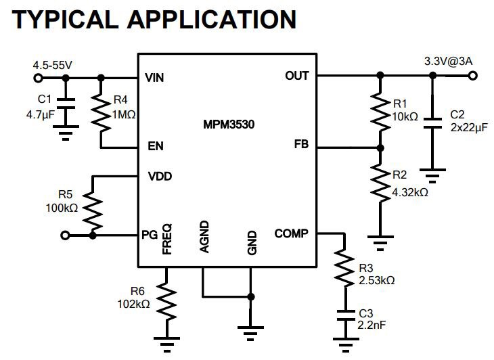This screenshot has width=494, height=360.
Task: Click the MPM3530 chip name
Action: coord(229,125)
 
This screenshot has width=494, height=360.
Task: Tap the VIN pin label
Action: coord(154,77)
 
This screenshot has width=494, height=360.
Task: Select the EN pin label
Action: coord(156,146)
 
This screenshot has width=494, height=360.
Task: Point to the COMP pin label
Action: coord(291,233)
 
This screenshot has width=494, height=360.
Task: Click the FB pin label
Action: coord(301,144)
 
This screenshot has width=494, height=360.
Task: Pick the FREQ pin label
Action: coord(167,239)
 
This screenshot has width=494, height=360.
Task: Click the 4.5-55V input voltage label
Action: coord(53,65)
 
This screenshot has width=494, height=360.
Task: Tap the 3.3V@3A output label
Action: coord(448,61)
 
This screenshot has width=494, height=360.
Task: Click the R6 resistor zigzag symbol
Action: coord(166,301)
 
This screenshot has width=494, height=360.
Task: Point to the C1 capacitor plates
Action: coord(66,104)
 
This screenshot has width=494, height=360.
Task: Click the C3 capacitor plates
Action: coord(346,315)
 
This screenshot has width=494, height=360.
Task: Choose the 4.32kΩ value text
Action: coord(410,192)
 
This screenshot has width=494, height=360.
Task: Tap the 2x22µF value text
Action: coord(469,128)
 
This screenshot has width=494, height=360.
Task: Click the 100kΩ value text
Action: coord(62,208)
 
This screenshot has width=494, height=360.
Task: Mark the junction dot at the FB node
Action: coord(380,148)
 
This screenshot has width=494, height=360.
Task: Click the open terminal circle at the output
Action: coord(472,76)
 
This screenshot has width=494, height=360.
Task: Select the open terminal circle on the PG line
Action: coord(65,235)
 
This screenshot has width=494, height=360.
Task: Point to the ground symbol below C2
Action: coord(432,176)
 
